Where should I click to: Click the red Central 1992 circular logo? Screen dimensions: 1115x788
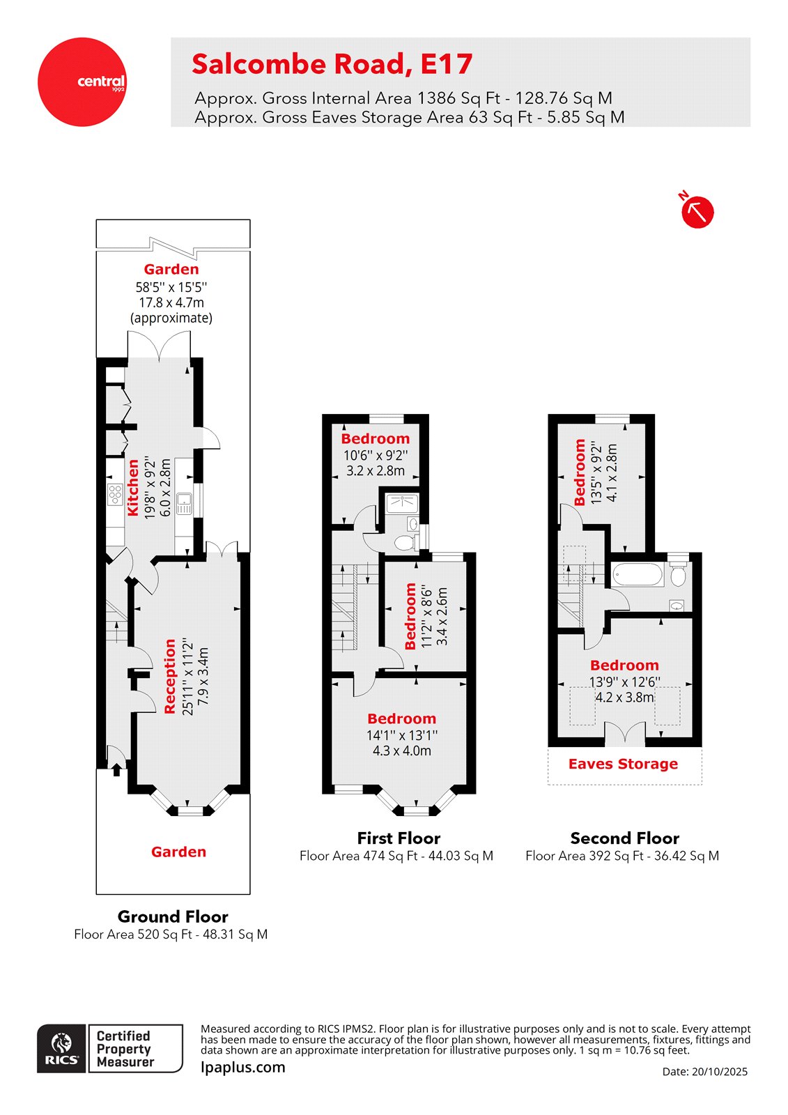click(x=82, y=82)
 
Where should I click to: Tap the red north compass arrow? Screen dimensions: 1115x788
click(x=697, y=211)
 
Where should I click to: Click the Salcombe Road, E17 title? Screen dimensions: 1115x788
click(x=332, y=64)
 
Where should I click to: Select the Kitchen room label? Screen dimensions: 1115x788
click(x=132, y=487)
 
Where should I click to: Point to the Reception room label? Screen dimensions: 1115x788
click(x=169, y=676)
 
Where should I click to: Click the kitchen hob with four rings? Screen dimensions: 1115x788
click(x=115, y=495)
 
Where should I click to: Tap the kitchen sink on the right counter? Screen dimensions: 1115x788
click(x=184, y=503)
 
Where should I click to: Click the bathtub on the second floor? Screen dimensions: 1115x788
click(x=638, y=575)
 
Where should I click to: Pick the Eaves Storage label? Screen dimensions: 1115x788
click(x=623, y=764)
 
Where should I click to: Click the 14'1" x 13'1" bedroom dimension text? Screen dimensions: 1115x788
click(x=402, y=735)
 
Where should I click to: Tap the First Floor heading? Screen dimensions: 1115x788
click(x=399, y=838)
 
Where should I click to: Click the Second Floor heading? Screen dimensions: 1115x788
click(x=624, y=838)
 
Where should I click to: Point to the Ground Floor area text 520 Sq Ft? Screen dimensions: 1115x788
click(x=171, y=935)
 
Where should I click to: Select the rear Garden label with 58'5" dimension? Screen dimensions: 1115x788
click(x=171, y=269)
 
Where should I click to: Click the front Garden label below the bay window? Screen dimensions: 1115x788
click(x=178, y=852)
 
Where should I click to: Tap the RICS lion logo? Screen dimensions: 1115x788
click(x=62, y=1047)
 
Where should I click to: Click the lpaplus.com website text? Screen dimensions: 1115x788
click(x=242, y=1067)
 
